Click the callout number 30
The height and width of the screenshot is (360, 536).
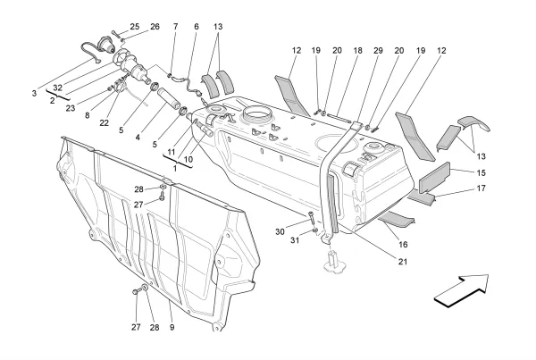click(281, 231)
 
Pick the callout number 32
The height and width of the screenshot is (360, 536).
click(58, 88)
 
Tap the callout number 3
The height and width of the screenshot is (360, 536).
click(33, 93)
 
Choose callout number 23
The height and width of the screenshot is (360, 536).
click(70, 107)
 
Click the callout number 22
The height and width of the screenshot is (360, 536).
click(105, 123)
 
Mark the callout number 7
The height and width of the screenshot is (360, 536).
click(175, 28)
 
